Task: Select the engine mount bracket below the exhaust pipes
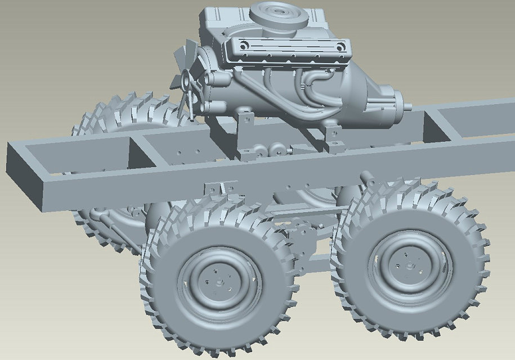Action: [x=334, y=138]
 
